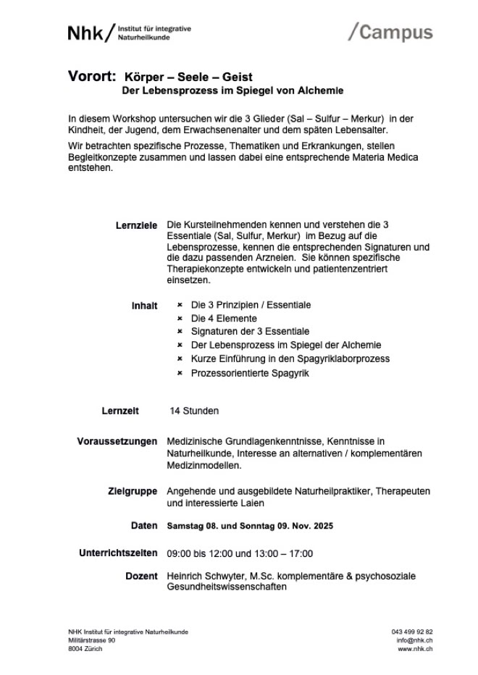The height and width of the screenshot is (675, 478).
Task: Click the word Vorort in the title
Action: point(92,76)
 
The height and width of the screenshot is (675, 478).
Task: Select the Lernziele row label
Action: point(136,225)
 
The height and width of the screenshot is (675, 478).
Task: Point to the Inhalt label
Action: point(143,306)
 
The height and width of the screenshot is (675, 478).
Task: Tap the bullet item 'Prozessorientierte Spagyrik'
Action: point(250,373)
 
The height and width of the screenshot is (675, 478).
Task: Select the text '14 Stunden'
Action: point(194,411)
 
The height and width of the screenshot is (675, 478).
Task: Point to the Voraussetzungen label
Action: point(117,441)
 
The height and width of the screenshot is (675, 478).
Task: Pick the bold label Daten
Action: point(144,525)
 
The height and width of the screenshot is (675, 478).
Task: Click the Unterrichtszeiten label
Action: point(117,553)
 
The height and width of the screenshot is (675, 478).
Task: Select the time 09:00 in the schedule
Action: point(179,553)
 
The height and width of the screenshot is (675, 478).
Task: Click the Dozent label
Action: point(141,576)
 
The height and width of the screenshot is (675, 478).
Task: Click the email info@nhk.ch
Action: point(415,640)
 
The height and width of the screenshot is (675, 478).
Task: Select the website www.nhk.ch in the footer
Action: point(416,649)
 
